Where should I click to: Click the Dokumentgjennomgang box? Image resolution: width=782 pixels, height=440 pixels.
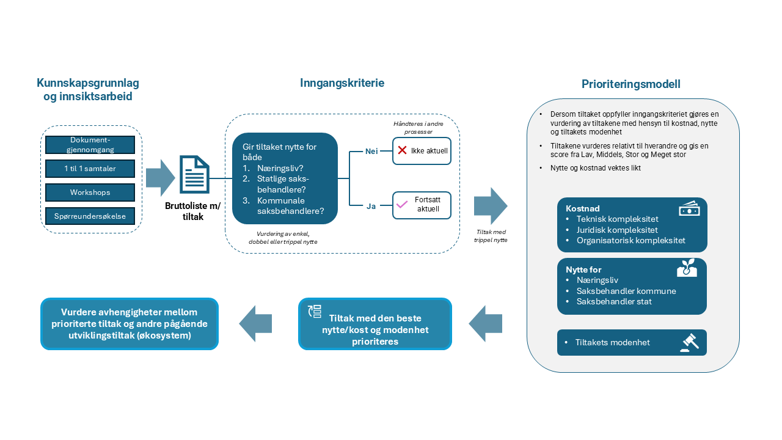90,145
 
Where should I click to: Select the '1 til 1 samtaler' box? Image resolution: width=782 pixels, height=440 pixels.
90,169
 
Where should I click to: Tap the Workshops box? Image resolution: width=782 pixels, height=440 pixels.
90,192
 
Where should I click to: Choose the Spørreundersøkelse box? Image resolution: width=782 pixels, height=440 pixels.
90,216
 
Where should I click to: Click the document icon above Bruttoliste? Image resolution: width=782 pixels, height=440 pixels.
194,175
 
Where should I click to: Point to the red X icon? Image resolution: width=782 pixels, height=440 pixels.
402,150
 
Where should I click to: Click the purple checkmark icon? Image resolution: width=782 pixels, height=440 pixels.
402,205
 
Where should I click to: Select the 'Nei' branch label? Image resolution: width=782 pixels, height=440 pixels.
371,152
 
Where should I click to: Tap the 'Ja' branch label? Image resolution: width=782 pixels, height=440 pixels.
371,207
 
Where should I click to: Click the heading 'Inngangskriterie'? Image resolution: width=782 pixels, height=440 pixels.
342,83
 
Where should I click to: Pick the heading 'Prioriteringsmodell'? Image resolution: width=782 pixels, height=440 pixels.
631,84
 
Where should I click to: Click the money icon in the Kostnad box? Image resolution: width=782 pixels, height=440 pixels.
689,208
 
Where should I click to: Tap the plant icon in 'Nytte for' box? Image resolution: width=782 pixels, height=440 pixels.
687,268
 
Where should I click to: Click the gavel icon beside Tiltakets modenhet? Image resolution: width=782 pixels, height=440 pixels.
689,343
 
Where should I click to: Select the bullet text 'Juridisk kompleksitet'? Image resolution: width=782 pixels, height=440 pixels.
617,230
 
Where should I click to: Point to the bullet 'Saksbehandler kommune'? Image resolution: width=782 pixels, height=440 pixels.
626,291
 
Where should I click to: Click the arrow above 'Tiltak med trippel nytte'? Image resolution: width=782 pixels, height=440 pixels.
491,206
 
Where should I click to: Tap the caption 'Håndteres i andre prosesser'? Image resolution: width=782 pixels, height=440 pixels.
418,128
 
